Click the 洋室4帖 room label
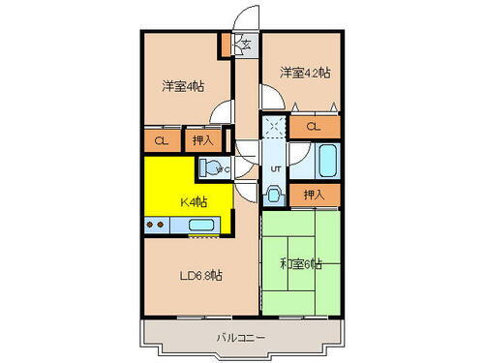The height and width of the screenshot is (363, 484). [x=182, y=86]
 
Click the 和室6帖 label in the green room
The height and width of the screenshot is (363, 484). [x=301, y=264]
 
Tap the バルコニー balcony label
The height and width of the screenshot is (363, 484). [x=241, y=338]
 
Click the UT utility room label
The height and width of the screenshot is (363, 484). [x=275, y=168]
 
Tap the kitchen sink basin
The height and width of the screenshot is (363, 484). [x=201, y=226]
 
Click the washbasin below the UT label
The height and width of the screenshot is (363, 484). [x=274, y=194]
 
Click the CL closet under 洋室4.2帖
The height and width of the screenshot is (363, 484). [x=314, y=126]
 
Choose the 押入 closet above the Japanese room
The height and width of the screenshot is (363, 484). [x=314, y=195]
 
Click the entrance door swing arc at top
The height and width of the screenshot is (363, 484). [x=249, y=17]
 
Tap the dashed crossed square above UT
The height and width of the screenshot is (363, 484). [x=273, y=127]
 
